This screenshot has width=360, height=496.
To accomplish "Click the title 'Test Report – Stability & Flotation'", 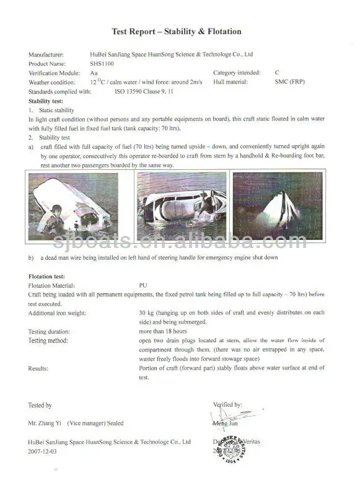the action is click(177, 32).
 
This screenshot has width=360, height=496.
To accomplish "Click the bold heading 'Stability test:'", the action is click(46, 100).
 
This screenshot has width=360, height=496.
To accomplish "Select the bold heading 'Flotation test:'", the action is click(47, 276).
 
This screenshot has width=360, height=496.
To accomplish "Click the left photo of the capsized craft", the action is click(73, 205).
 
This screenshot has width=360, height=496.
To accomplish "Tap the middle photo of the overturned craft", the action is click(182, 205).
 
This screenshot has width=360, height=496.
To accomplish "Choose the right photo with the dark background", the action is click(278, 205).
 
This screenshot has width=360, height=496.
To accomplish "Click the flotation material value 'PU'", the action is click(144, 285).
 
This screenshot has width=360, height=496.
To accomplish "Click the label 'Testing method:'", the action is click(48, 341).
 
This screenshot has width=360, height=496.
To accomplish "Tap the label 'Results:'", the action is click(38, 369).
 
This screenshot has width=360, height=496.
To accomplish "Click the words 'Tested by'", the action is click(40, 405).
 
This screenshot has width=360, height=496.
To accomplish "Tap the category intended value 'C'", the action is click(277, 73).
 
